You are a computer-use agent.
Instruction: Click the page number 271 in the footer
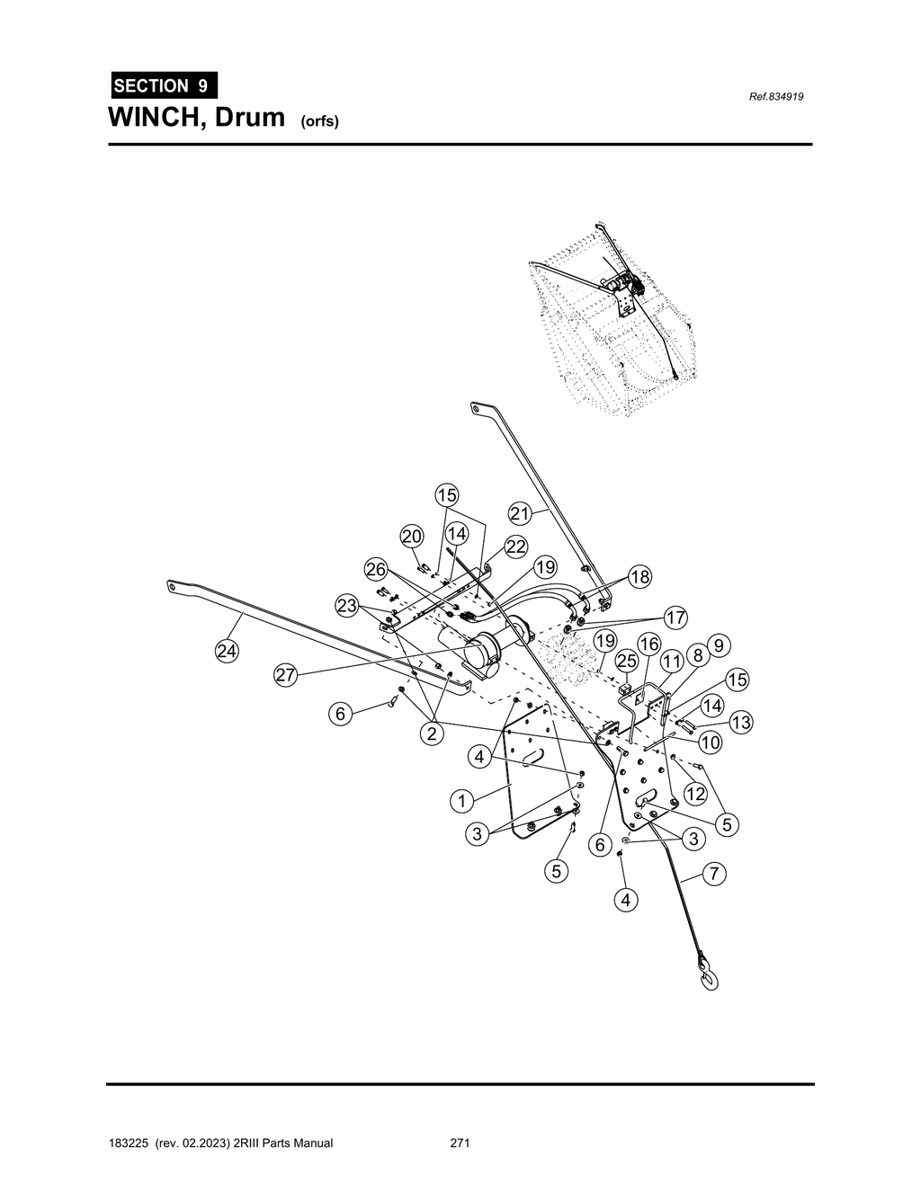click(460, 1143)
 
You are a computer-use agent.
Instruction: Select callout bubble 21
click(521, 513)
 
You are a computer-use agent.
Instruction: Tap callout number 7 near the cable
click(713, 874)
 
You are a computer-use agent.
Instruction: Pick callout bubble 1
click(461, 800)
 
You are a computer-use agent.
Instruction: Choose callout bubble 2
click(433, 733)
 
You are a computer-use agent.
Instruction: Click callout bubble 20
click(412, 537)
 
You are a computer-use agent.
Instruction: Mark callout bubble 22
click(515, 547)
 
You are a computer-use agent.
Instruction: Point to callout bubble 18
click(639, 577)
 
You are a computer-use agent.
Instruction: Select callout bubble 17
click(675, 618)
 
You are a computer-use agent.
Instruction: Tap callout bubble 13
click(741, 723)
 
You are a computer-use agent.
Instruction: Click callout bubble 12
click(695, 794)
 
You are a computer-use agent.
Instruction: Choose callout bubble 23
click(348, 606)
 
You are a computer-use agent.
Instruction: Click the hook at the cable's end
click(707, 975)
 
